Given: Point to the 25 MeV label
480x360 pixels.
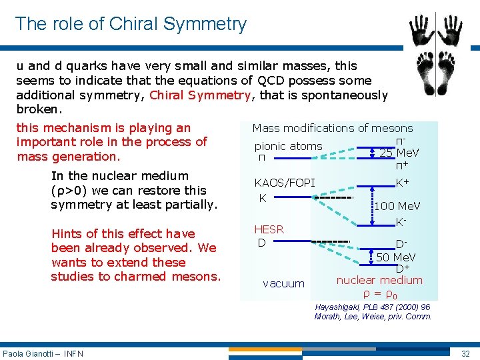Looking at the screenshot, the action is [x=399, y=153].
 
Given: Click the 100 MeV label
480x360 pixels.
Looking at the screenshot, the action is [x=397, y=207].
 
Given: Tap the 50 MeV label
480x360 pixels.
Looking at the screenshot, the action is [x=396, y=257].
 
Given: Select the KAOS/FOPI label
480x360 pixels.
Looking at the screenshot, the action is [x=285, y=183].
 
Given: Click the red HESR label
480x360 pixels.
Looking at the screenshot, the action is [x=269, y=229].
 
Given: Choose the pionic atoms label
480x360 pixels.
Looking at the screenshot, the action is [x=288, y=146].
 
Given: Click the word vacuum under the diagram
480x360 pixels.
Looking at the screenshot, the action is [x=283, y=284].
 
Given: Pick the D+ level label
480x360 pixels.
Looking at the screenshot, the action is [x=403, y=269].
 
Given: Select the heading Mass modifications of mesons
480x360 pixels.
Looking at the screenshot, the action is [x=332, y=128].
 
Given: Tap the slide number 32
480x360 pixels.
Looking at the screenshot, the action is [x=465, y=353].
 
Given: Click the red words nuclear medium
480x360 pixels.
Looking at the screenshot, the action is [x=379, y=281].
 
